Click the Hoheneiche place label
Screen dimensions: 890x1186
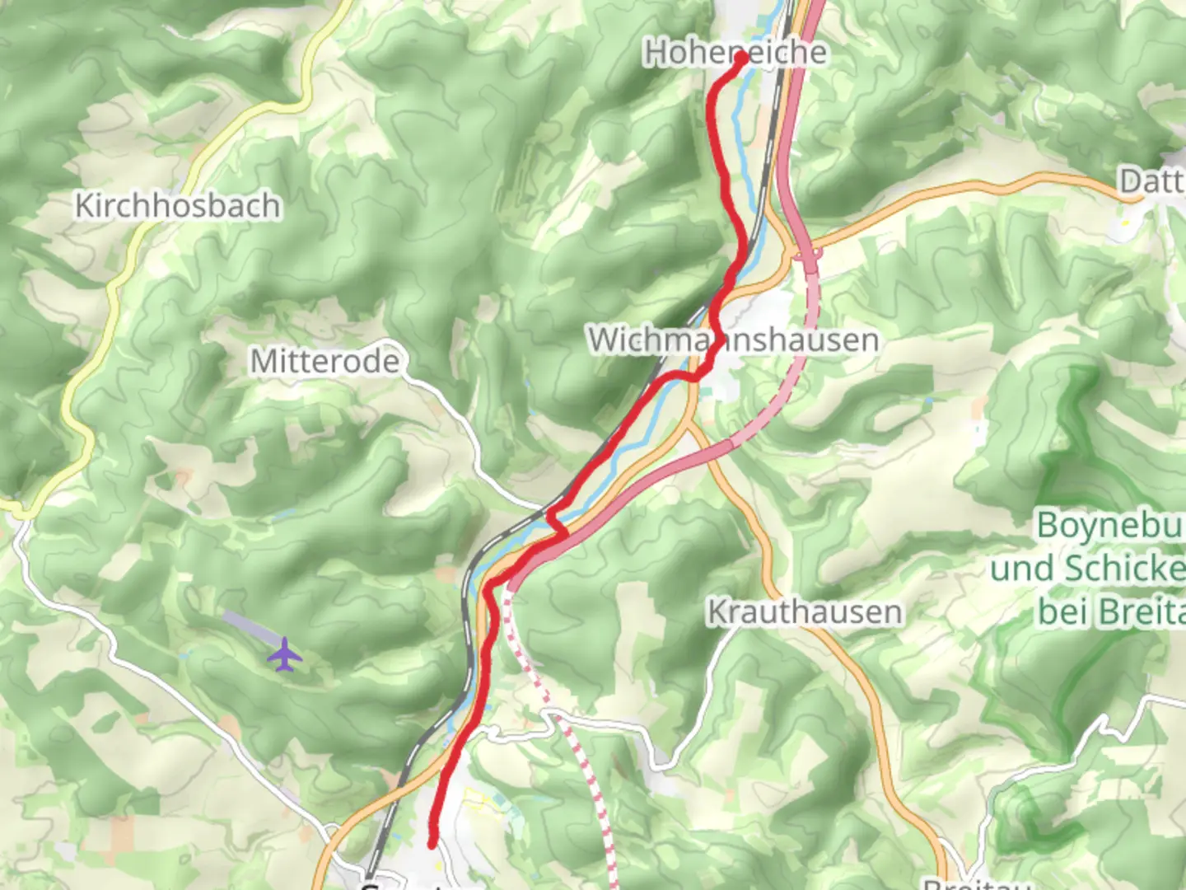pos(735,52)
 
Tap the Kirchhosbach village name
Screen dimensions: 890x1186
pos(177,205)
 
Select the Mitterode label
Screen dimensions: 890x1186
pos(325,361)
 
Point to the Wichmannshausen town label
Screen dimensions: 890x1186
pos(733,340)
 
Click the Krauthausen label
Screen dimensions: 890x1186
pos(805,612)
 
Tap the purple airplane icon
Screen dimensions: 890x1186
pos(285,655)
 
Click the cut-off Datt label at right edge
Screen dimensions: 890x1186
pos(1150,180)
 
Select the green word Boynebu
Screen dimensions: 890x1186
pos(1109,525)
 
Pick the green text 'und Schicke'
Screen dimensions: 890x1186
pos(1087,569)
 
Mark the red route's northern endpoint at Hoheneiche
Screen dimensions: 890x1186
pos(740,59)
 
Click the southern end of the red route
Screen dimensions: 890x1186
pos(432,843)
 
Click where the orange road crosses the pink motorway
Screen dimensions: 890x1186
pos(805,251)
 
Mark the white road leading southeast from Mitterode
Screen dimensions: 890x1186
pos(461,429)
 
